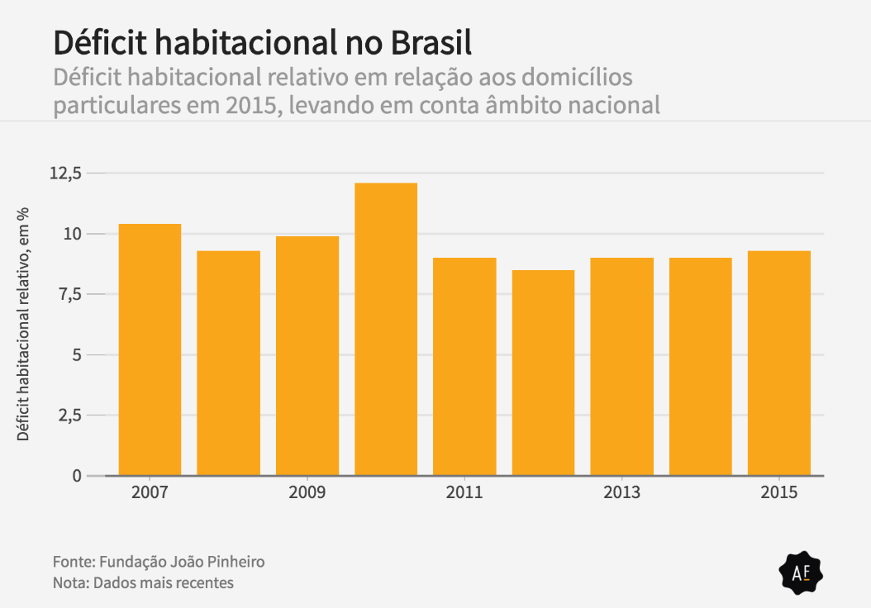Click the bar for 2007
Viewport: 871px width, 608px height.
coord(150,349)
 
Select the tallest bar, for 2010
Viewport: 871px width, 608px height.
coord(386,329)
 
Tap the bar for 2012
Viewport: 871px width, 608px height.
coord(543,373)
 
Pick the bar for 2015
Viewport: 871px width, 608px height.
coord(778,363)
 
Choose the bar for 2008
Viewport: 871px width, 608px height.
coord(228,363)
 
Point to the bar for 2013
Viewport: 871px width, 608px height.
coord(621,367)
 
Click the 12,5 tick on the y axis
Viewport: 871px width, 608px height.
coord(66,173)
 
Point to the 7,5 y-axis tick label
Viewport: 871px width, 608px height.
coord(69,294)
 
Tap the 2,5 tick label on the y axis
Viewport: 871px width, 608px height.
coord(69,416)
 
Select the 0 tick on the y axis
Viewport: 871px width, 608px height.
coord(77,476)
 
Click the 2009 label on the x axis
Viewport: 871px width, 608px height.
coord(307,493)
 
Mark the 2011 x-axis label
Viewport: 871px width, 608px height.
coord(464,493)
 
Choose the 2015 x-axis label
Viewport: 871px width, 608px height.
coord(778,493)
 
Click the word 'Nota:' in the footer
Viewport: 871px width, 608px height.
coord(70,583)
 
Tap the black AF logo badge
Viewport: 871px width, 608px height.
coord(801,572)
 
